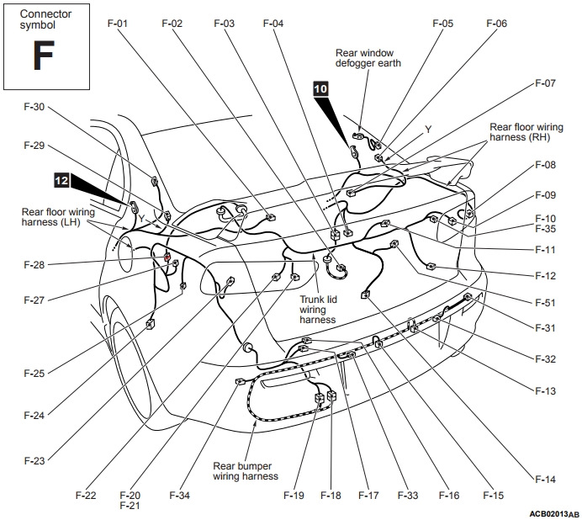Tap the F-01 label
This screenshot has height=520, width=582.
(117, 24)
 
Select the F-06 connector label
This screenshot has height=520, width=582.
(496, 24)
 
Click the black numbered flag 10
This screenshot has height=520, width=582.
(322, 87)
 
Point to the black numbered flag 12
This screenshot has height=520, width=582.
(61, 179)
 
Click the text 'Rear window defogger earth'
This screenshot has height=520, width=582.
(368, 57)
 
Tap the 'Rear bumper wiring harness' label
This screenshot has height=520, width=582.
(245, 470)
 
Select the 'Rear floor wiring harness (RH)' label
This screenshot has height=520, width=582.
(531, 132)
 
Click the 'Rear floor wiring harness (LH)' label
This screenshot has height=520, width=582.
(58, 216)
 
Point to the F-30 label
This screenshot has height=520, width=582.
(34, 107)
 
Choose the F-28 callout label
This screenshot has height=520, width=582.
(34, 265)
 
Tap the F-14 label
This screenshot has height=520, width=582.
(545, 480)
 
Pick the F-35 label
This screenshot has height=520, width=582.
(545, 228)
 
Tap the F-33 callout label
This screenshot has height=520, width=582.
(408, 496)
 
